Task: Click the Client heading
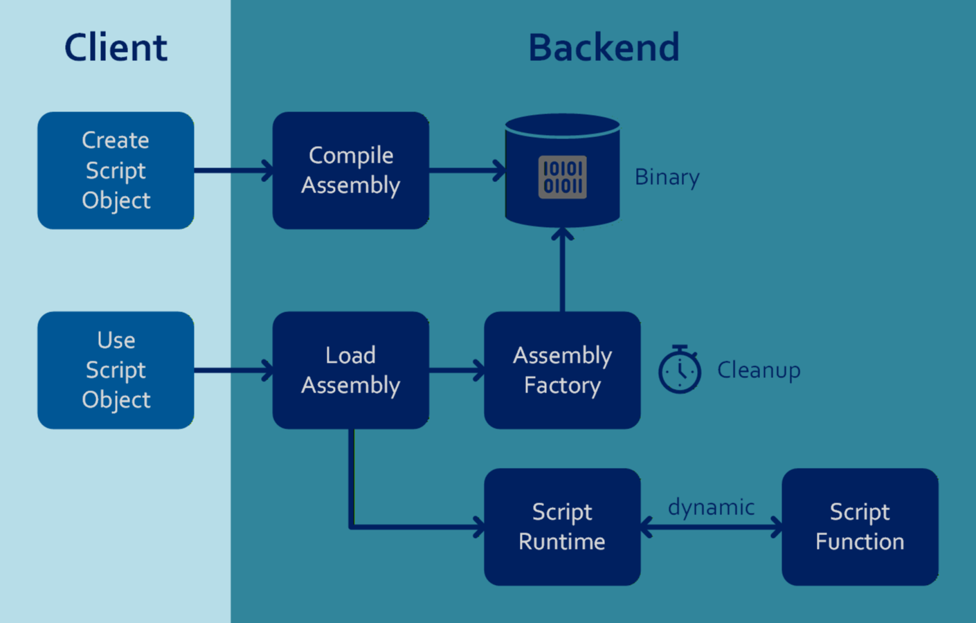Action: [116, 48]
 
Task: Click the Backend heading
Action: [604, 48]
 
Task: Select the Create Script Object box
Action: [116, 170]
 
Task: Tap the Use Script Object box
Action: [116, 370]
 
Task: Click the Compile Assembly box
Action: [350, 170]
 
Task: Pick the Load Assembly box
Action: [350, 370]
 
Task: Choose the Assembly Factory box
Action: [562, 370]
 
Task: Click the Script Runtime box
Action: [562, 527]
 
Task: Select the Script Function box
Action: [860, 527]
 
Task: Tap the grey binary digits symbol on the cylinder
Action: [562, 177]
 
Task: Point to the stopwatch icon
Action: [679, 371]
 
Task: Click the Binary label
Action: [667, 177]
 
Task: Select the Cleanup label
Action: [759, 370]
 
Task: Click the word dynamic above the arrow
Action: [711, 507]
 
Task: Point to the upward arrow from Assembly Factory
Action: [562, 270]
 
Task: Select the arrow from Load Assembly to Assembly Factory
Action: [456, 370]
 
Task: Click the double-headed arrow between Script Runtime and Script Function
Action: [711, 527]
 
